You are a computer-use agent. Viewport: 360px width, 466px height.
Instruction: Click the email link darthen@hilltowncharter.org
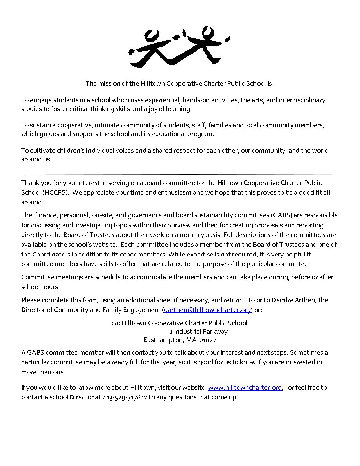207,310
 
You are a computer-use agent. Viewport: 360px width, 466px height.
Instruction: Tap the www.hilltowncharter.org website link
245,387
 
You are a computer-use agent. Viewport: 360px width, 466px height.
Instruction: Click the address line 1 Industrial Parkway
198,331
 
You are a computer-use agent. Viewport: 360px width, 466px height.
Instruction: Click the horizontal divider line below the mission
179,174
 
